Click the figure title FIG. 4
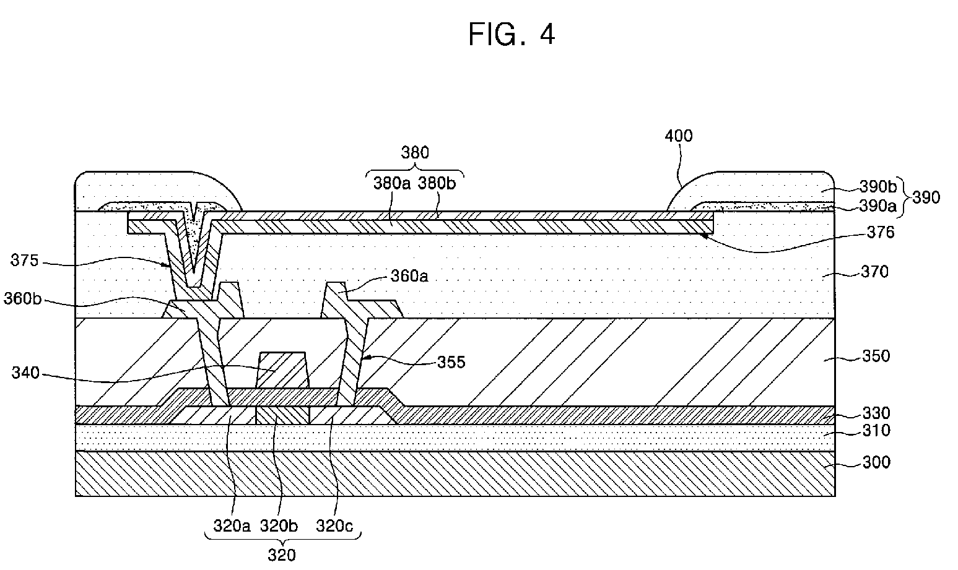(512, 34)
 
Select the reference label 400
(678, 136)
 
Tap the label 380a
(392, 183)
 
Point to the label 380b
(437, 183)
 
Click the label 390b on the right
(878, 186)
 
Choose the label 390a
(877, 206)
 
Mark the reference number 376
(881, 233)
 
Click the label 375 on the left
(24, 260)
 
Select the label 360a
(409, 277)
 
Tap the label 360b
(23, 299)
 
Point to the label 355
(451, 362)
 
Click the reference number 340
(25, 373)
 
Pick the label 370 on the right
(874, 272)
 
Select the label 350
(876, 356)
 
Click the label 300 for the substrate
(876, 462)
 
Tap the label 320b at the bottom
(279, 526)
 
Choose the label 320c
(334, 526)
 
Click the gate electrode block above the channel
(282, 370)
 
